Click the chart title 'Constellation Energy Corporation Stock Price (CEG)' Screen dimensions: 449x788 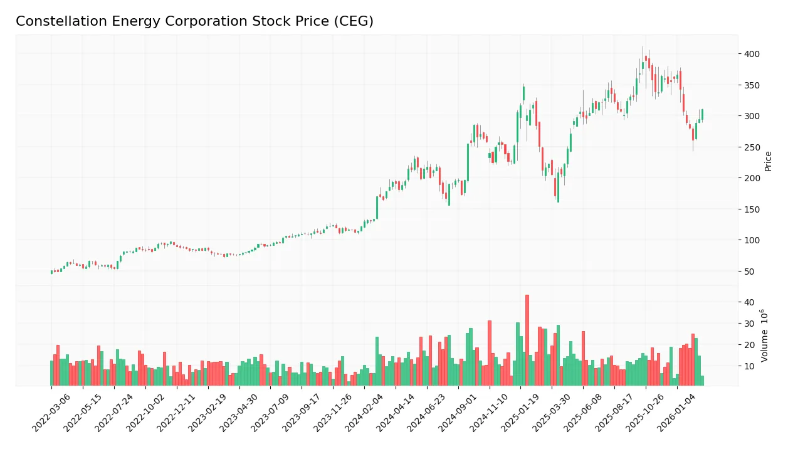[x=194, y=21]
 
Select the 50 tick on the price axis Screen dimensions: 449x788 [x=749, y=272]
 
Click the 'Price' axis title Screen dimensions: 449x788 [x=768, y=161]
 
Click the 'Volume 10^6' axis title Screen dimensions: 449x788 [x=765, y=335]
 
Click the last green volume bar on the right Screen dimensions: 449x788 [x=702, y=381]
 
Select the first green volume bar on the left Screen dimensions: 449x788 [x=52, y=373]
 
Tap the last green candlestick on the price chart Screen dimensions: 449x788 [x=702, y=114]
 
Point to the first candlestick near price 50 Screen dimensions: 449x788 [x=52, y=272]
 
